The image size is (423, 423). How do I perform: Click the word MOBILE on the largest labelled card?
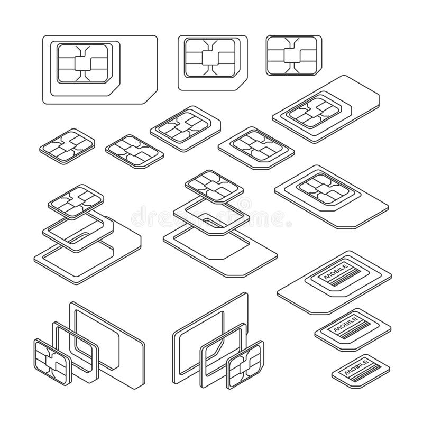point(335,274)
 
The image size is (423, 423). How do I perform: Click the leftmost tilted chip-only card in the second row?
point(67,144)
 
